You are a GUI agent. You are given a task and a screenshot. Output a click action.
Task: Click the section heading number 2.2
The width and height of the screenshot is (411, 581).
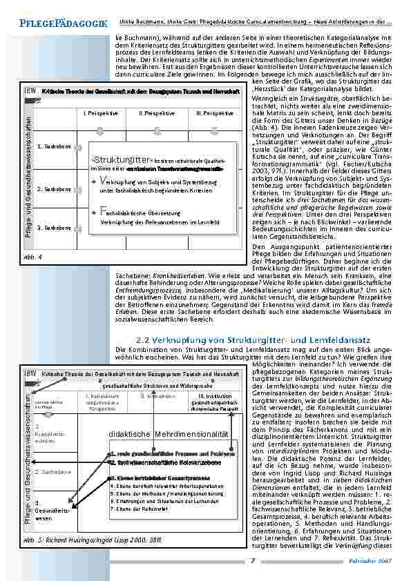[145, 339]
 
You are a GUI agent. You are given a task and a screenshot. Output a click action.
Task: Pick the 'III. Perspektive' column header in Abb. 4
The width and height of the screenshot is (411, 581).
[214, 112]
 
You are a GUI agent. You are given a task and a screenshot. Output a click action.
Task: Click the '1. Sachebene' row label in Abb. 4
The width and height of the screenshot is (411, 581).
[52, 146]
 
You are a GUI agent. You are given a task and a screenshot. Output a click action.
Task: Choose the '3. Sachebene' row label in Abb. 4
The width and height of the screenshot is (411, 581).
[52, 227]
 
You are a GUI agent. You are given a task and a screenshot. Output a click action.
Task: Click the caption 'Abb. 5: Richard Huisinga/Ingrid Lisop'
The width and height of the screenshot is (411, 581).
[77, 539]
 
